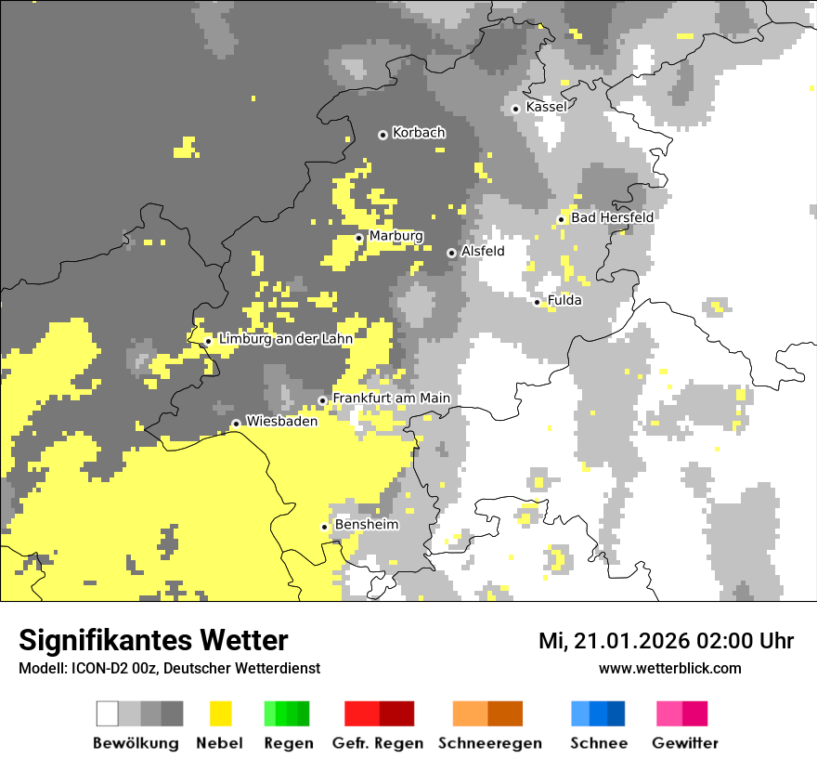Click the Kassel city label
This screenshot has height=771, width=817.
pos(546,107)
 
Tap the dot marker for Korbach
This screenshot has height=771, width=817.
pos(383,135)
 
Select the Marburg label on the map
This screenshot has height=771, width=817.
pos(396,236)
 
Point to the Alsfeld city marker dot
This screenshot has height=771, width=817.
pos(451,253)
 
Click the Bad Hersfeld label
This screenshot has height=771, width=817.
pos(612,217)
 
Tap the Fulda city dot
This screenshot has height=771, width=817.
pos(538,302)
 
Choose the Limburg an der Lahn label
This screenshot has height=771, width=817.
pos(285,339)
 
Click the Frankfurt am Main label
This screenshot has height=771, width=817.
pos(391,399)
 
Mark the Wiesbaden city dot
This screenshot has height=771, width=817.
pos(236,424)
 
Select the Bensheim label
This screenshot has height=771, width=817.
pos(366,525)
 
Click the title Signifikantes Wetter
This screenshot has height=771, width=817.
pos(153,640)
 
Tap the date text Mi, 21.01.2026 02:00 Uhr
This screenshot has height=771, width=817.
pos(666,641)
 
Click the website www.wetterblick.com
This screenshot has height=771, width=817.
pos(669,668)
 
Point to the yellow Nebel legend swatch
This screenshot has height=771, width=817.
pos(220,713)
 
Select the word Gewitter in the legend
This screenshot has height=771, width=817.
pos(684,743)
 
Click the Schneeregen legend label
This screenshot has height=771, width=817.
pos(490,743)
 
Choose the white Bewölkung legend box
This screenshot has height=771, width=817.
pos(107,713)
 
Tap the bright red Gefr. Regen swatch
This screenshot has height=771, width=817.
pos(361,713)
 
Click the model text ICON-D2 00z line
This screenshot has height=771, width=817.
pos(169,668)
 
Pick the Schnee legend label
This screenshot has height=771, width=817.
pos(598,743)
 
